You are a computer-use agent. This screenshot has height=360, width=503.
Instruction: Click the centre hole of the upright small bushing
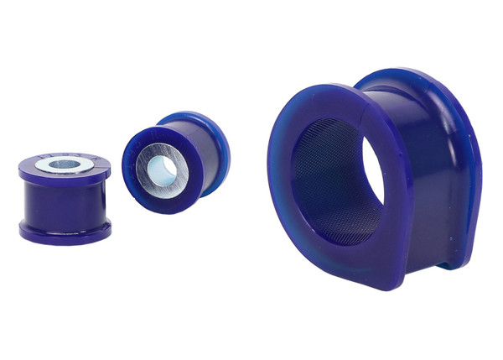point(64,164)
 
